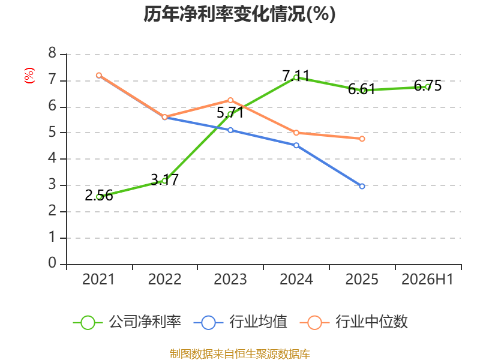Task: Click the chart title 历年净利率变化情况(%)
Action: [239, 14]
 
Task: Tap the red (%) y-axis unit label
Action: [29, 76]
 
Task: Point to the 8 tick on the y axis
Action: [52, 53]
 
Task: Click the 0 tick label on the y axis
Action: [52, 263]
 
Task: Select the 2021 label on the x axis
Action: [98, 279]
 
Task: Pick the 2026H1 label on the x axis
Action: [427, 279]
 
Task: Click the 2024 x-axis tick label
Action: [296, 279]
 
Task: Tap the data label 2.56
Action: [99, 196]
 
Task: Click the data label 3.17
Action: [164, 179]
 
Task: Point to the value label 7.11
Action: [296, 76]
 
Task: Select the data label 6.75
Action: [428, 86]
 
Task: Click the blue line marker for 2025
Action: [362, 186]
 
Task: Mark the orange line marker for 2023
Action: [230, 100]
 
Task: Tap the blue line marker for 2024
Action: [296, 145]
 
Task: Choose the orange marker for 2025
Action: [362, 139]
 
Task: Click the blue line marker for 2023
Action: [230, 130]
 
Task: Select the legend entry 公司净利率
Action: [127, 322]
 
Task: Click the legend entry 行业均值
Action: [241, 322]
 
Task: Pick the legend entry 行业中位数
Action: [354, 322]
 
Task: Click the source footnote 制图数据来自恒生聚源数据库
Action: [240, 354]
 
